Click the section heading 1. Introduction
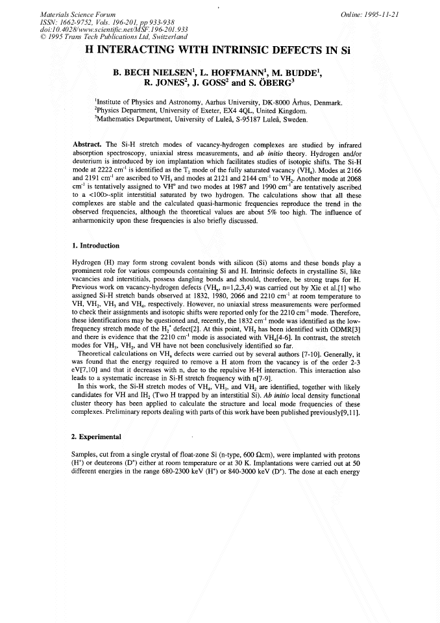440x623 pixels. coord(95,246)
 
